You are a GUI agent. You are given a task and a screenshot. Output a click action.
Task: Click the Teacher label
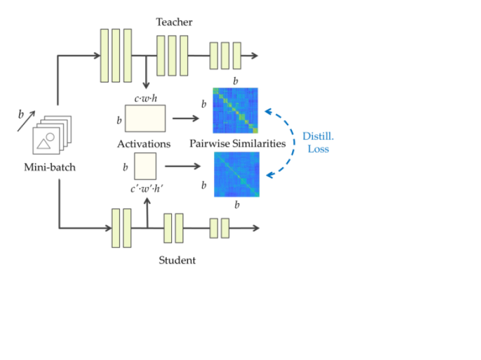[x=175, y=22]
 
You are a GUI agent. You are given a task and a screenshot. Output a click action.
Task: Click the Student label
[x=177, y=260]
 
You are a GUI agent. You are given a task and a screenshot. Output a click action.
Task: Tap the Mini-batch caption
[x=50, y=167]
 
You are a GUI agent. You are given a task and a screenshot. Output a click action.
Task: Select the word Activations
[x=144, y=143]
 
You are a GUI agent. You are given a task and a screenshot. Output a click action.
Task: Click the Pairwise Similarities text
[x=238, y=143]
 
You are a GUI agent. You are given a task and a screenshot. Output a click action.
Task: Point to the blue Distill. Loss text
[x=318, y=143]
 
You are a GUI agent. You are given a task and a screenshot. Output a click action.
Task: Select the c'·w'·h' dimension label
[x=146, y=189]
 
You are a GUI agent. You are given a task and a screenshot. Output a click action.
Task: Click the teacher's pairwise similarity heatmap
[x=235, y=110]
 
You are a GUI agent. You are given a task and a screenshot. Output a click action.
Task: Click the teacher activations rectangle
[x=145, y=118]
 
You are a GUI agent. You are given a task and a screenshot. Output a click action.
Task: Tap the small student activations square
[x=145, y=166]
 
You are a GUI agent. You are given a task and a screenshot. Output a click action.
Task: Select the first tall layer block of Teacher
[x=104, y=55]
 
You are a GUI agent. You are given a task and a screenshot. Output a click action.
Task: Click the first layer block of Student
[x=116, y=228]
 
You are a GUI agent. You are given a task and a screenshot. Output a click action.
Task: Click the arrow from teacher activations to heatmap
[x=186, y=118]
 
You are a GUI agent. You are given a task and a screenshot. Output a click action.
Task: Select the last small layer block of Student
[x=225, y=228]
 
